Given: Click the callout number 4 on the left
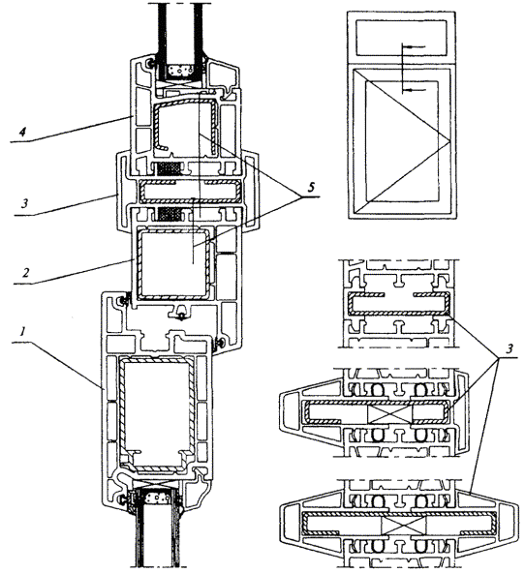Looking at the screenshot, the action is click(22, 132).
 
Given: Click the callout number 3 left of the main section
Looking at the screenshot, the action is click(25, 203).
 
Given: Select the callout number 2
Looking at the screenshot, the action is click(25, 272).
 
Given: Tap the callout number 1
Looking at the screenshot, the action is click(22, 332).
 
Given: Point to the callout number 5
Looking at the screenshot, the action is click(311, 188).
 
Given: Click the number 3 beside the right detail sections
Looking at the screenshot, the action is click(509, 349).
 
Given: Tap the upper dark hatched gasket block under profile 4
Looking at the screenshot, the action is click(169, 168).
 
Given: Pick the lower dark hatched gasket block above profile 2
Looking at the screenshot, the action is click(169, 214).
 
